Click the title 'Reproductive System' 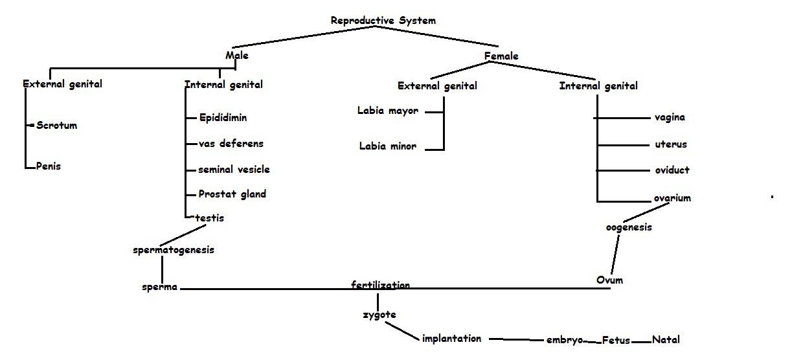coord(383,20)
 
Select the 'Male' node coord(236,55)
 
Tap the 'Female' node coord(501,56)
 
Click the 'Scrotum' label coord(56,125)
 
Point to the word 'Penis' coord(48,166)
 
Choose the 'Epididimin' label coord(223,117)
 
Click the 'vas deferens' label coord(231,143)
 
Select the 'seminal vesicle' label coord(234,169)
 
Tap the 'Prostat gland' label coord(232,194)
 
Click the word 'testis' coord(209,218)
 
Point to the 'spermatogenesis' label coord(173,249)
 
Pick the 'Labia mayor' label coord(387,110)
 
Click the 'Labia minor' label coord(388,146)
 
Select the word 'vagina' coord(670,117)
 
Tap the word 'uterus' coord(670,144)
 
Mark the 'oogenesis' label coord(628,227)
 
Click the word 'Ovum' coord(609,280)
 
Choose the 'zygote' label coord(379,315)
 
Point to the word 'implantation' coord(451,338)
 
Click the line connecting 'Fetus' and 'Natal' coord(640,341)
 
